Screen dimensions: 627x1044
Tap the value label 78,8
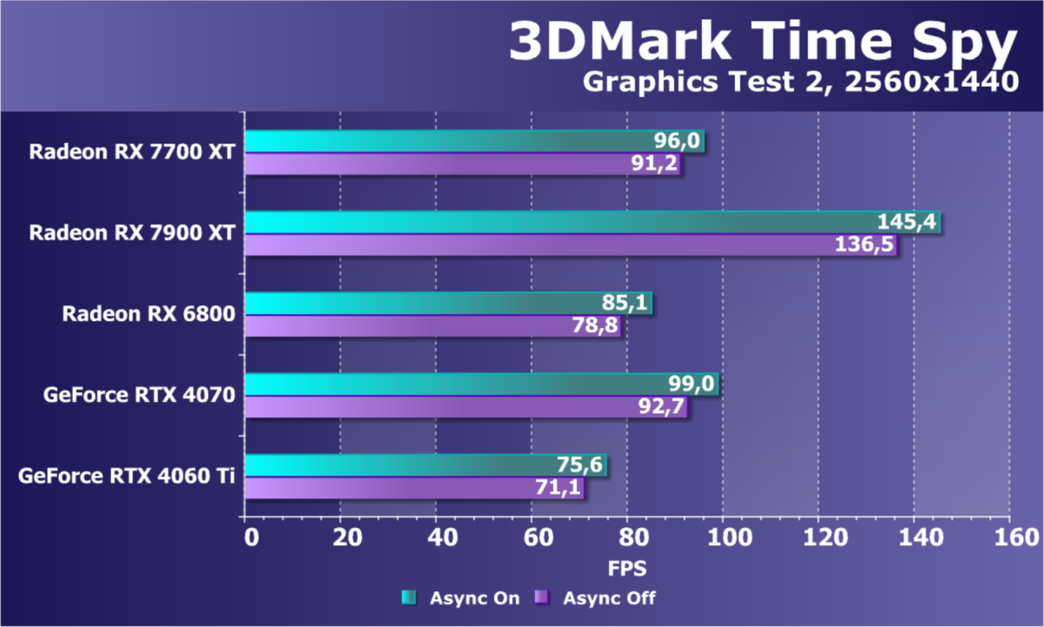point(595,327)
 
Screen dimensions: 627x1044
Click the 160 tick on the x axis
point(1008,537)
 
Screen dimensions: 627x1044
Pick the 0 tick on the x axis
point(251,537)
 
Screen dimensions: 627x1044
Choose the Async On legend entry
point(461,597)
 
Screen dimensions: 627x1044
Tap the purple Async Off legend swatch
point(542,597)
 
